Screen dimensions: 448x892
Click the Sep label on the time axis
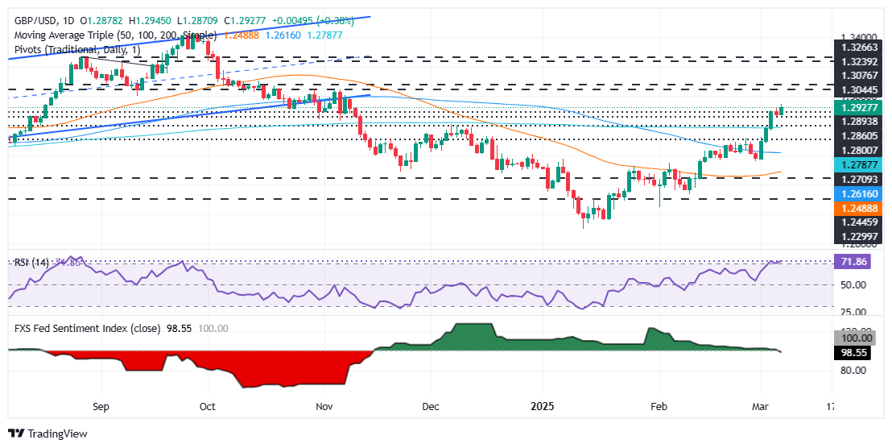coord(100,407)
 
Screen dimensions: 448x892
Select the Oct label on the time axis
coord(209,407)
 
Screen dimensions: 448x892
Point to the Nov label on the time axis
coord(325,407)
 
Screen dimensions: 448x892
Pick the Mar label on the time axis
coord(761,407)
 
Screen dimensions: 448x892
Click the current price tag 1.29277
coord(859,106)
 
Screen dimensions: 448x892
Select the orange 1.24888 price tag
coord(859,207)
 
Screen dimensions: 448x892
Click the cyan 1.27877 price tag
coord(859,164)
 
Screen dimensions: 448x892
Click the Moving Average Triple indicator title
coord(113,35)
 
